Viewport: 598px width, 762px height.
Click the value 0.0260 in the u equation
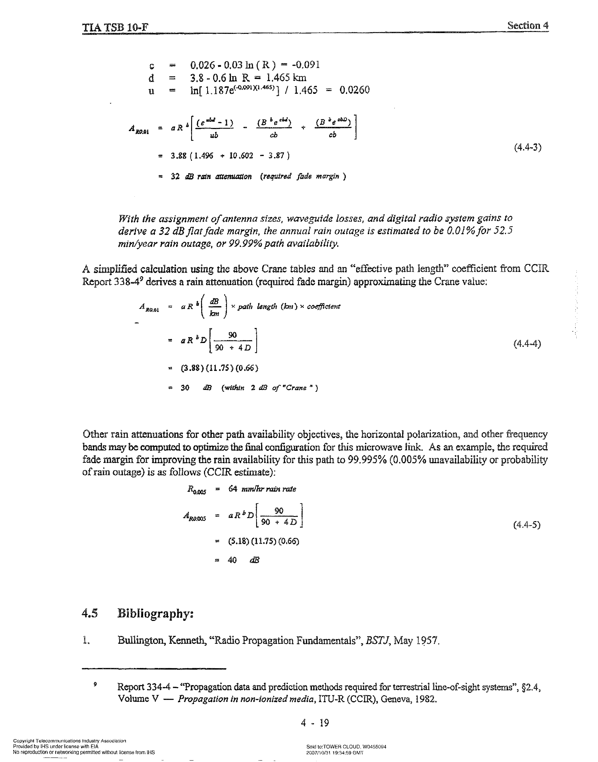click(x=354, y=90)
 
